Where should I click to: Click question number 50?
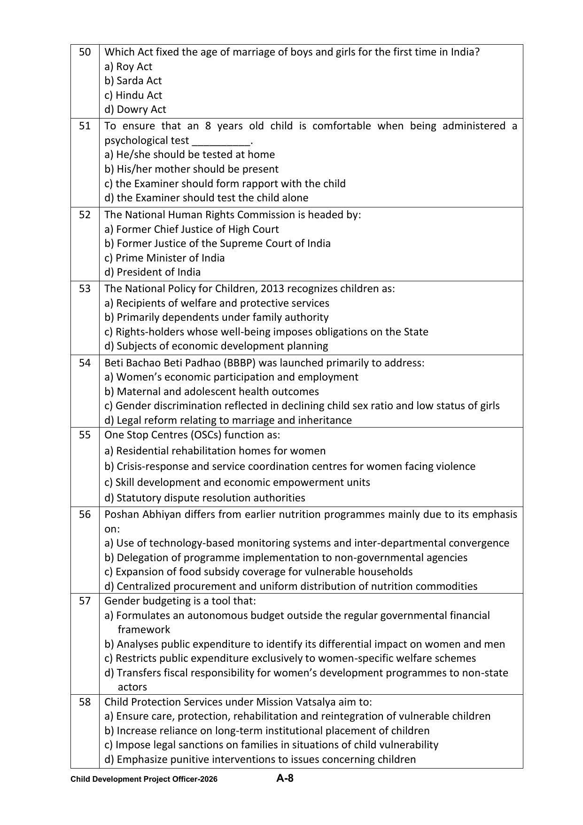click(x=85, y=52)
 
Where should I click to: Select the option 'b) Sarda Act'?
click(x=133, y=81)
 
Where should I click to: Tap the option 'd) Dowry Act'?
click(x=135, y=110)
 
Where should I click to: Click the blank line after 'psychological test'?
click(x=221, y=141)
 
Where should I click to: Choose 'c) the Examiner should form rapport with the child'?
click(x=225, y=183)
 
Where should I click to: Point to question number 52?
click(x=85, y=215)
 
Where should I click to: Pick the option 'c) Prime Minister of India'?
click(x=164, y=258)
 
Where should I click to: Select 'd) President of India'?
click(x=153, y=272)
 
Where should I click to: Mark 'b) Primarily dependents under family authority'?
click(x=217, y=317)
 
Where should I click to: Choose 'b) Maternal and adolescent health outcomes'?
click(x=211, y=392)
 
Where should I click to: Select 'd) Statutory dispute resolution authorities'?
click(x=205, y=498)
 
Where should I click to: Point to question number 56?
click(x=85, y=515)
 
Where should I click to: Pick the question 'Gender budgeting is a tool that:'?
click(x=180, y=601)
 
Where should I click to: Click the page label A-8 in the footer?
click(x=285, y=778)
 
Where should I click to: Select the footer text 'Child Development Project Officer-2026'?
click(x=144, y=779)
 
